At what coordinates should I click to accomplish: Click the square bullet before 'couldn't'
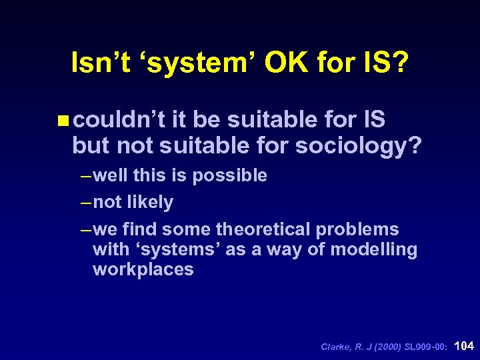pos(63,121)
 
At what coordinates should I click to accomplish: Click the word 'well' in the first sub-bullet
pos(111,175)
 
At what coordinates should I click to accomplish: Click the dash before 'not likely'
pos(85,202)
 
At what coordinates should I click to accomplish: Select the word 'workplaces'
pos(143,269)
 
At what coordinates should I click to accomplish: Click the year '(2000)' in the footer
pos(387,347)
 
